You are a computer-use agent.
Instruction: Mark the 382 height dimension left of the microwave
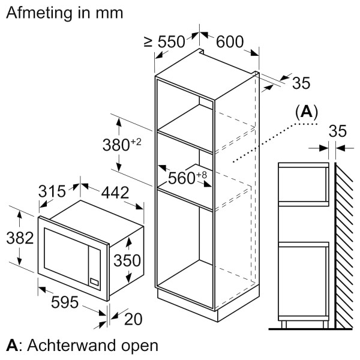pyautogui.click(x=19, y=238)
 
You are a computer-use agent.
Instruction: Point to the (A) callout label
pyautogui.click(x=307, y=112)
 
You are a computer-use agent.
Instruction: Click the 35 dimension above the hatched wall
pyautogui.click(x=338, y=131)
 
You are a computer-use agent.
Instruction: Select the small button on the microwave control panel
pyautogui.click(x=94, y=280)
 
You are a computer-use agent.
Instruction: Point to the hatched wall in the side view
pyautogui.click(x=346, y=246)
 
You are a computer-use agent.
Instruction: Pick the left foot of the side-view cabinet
pyautogui.click(x=284, y=325)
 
